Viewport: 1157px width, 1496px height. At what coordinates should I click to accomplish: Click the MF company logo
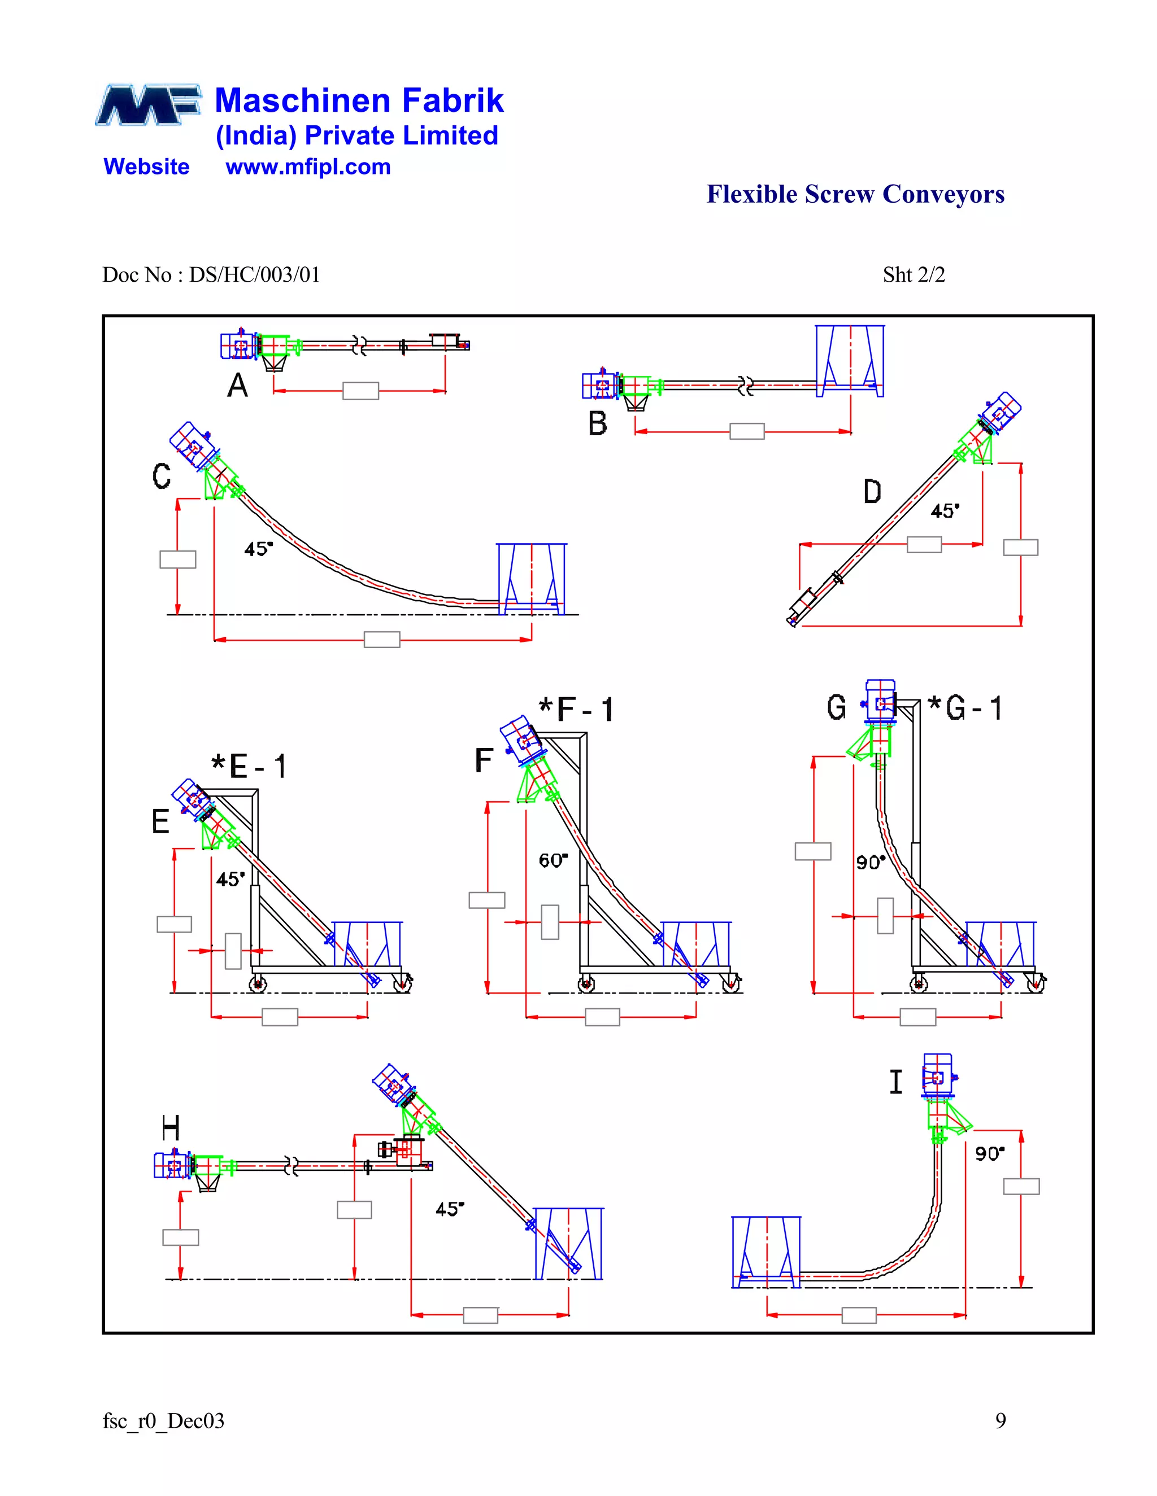[148, 105]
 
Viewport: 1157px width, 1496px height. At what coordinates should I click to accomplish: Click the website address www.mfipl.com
[308, 167]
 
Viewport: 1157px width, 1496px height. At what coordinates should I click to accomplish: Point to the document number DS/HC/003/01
[254, 275]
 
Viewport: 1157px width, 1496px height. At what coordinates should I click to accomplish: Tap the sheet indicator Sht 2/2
[913, 275]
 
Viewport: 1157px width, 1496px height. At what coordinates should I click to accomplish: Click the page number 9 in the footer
[1000, 1421]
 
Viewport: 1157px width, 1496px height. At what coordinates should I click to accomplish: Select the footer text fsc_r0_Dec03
[163, 1421]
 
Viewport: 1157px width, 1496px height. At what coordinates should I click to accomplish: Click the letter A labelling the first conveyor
[237, 386]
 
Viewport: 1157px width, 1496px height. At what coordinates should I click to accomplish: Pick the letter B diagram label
[597, 423]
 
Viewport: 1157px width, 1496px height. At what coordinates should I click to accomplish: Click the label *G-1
[964, 707]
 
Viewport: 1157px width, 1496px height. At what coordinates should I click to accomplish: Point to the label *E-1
[249, 766]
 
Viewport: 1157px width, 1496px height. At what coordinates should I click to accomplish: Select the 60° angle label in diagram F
[553, 860]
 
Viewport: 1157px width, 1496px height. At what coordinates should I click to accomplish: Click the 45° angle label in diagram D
[945, 511]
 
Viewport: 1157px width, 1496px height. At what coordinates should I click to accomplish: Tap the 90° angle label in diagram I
[990, 1154]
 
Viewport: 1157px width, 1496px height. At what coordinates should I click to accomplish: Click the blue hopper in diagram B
[849, 361]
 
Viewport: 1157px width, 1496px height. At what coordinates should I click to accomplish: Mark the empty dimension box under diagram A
[360, 391]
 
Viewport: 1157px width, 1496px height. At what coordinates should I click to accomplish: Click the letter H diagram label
[171, 1127]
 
